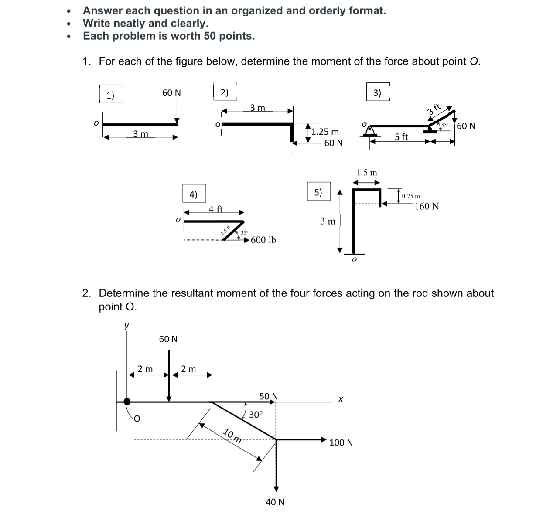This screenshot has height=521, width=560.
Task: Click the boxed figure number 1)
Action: (x=110, y=95)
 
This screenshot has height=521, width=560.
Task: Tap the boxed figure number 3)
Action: (x=378, y=92)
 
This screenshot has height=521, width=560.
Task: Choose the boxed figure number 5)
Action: (x=319, y=192)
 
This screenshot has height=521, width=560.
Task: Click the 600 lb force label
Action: (x=263, y=240)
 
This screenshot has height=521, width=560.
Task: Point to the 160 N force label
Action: (x=427, y=206)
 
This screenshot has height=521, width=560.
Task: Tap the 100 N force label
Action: (x=341, y=443)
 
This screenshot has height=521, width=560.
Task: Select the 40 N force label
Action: (x=275, y=502)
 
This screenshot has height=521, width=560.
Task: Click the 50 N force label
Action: (x=269, y=396)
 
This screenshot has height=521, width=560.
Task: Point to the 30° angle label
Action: (x=256, y=415)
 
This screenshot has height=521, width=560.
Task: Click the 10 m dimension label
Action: (x=232, y=436)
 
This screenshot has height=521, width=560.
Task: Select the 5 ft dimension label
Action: (x=401, y=137)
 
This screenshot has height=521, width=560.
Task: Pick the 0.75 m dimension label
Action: (x=411, y=196)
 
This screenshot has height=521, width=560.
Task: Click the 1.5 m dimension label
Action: (x=367, y=173)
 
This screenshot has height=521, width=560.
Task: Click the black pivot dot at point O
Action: (x=127, y=402)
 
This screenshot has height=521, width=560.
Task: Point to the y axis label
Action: (x=126, y=326)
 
